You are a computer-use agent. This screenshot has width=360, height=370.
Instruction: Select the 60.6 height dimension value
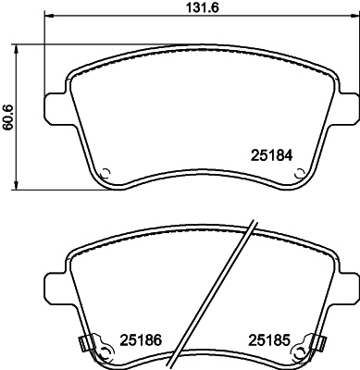(8, 117)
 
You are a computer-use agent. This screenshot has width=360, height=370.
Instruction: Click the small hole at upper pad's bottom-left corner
(106, 172)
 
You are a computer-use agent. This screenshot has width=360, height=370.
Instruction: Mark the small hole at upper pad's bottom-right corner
(298, 172)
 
